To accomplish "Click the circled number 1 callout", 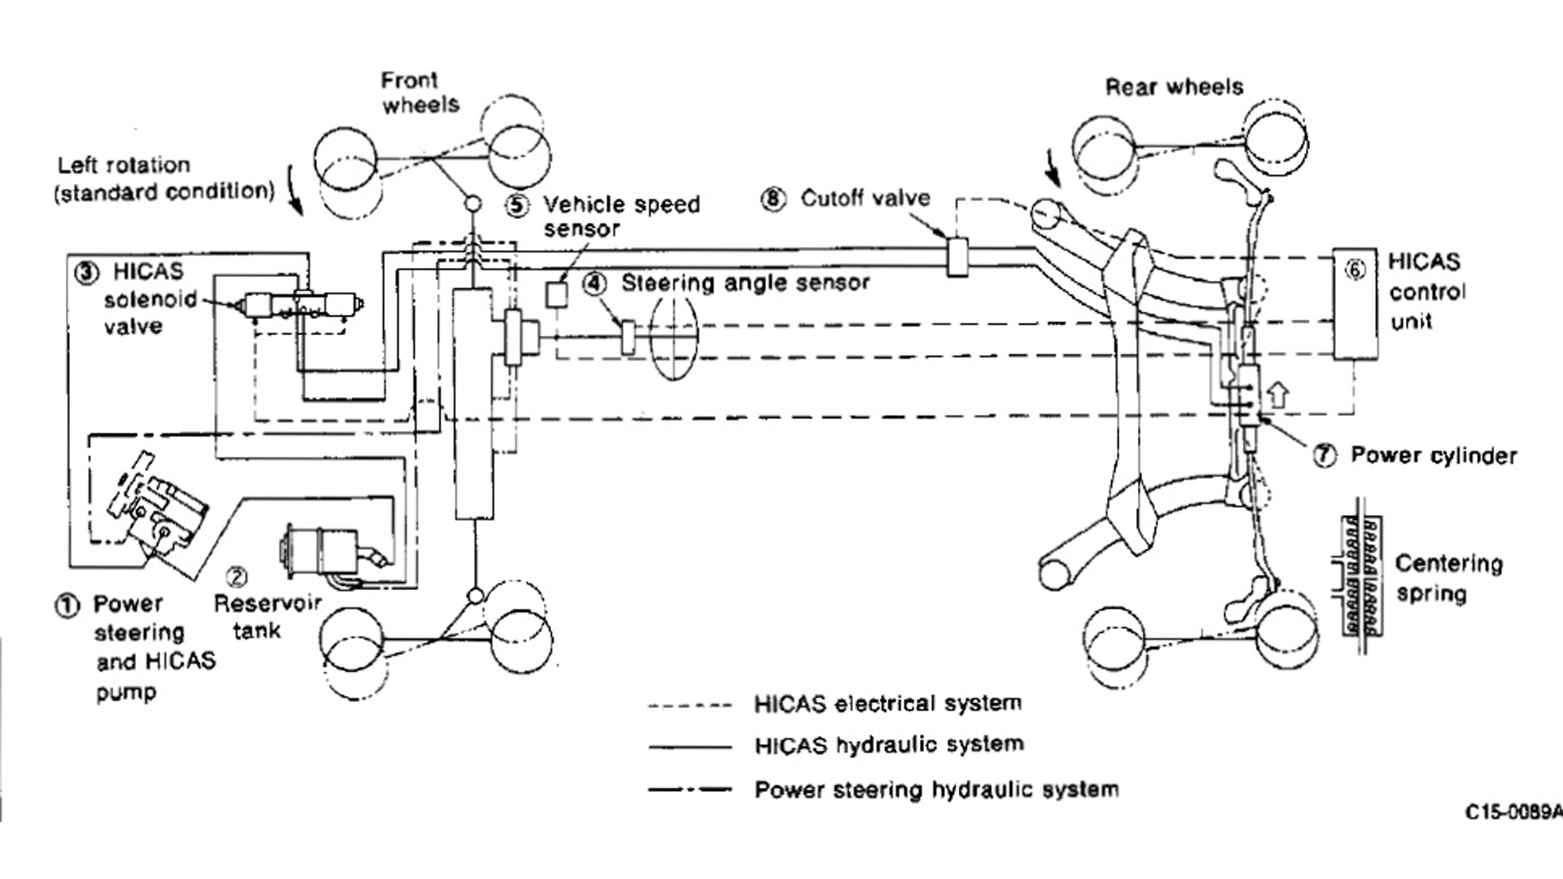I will point(67,606).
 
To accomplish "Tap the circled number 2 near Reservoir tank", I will point(236,577).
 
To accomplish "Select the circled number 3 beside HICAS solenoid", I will point(86,272).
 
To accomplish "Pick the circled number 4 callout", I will point(595,283).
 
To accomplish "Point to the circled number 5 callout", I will point(517,205).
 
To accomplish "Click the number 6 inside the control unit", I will point(1355,269).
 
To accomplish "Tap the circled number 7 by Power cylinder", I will point(1324,456).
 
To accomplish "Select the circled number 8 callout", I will point(773,199).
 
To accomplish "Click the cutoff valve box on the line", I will point(957,256).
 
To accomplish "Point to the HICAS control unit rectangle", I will point(1355,304).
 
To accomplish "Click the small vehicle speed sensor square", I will point(557,294).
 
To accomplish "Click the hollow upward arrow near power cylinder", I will point(1279,395).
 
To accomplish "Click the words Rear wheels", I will point(1174,87).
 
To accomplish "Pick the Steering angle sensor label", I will point(745,283).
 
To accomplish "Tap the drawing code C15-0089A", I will point(1513,812).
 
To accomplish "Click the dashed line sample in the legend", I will point(690,706).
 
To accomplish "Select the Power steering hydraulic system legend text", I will point(936,789).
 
